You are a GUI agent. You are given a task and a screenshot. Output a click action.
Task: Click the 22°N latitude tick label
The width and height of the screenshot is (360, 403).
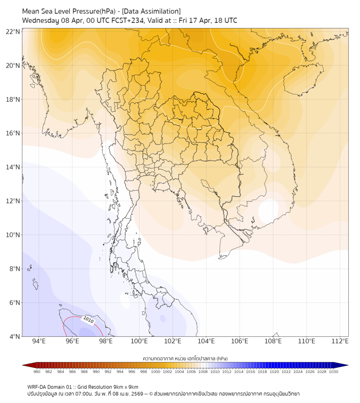coord(13,31)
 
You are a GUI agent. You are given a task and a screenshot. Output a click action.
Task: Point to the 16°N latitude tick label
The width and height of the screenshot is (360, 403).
coord(13,133)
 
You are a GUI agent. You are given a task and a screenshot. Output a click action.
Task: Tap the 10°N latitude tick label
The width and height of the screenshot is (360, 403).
coord(13,235)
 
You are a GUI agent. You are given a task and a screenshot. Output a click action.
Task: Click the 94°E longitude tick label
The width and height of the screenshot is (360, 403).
coord(39,342)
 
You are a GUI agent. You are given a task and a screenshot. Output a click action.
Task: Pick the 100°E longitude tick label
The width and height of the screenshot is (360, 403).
coord(139,342)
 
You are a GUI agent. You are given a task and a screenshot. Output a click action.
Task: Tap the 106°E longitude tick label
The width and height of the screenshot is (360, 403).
coord(240,342)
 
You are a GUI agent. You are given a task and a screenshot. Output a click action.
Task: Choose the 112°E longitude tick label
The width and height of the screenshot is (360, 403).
coord(340,342)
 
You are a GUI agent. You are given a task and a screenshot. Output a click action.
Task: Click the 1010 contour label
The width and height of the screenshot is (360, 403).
coord(88,320)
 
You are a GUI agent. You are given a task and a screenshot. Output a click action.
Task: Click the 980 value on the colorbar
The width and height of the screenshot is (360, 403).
coord(37,372)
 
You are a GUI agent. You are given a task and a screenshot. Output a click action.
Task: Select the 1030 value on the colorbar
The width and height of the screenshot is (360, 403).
coord(333,372)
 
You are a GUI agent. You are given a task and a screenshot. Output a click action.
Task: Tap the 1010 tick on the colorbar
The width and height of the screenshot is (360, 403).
coord(215,372)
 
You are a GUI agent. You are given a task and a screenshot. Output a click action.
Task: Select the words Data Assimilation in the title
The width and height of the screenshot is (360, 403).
coord(151,11)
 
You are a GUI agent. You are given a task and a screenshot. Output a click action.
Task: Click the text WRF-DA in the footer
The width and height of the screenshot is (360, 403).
coord(38,386)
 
